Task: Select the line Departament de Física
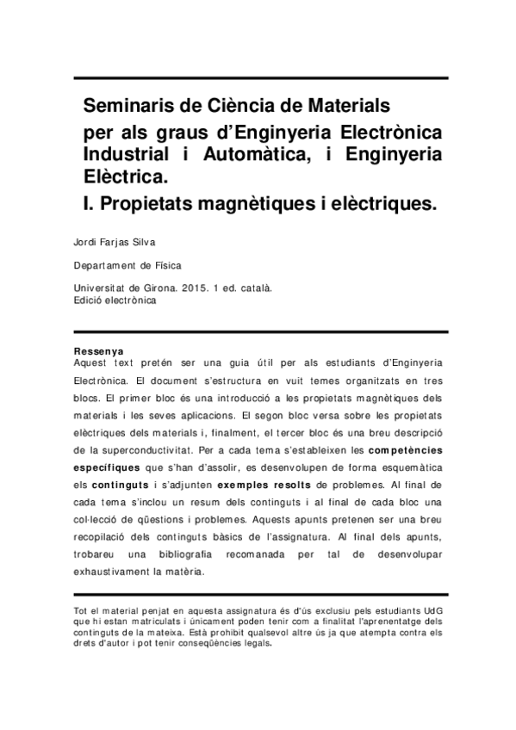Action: [x=127, y=267]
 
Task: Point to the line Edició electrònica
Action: [x=115, y=303]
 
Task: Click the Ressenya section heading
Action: [x=99, y=351]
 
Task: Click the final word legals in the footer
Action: [x=255, y=642]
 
